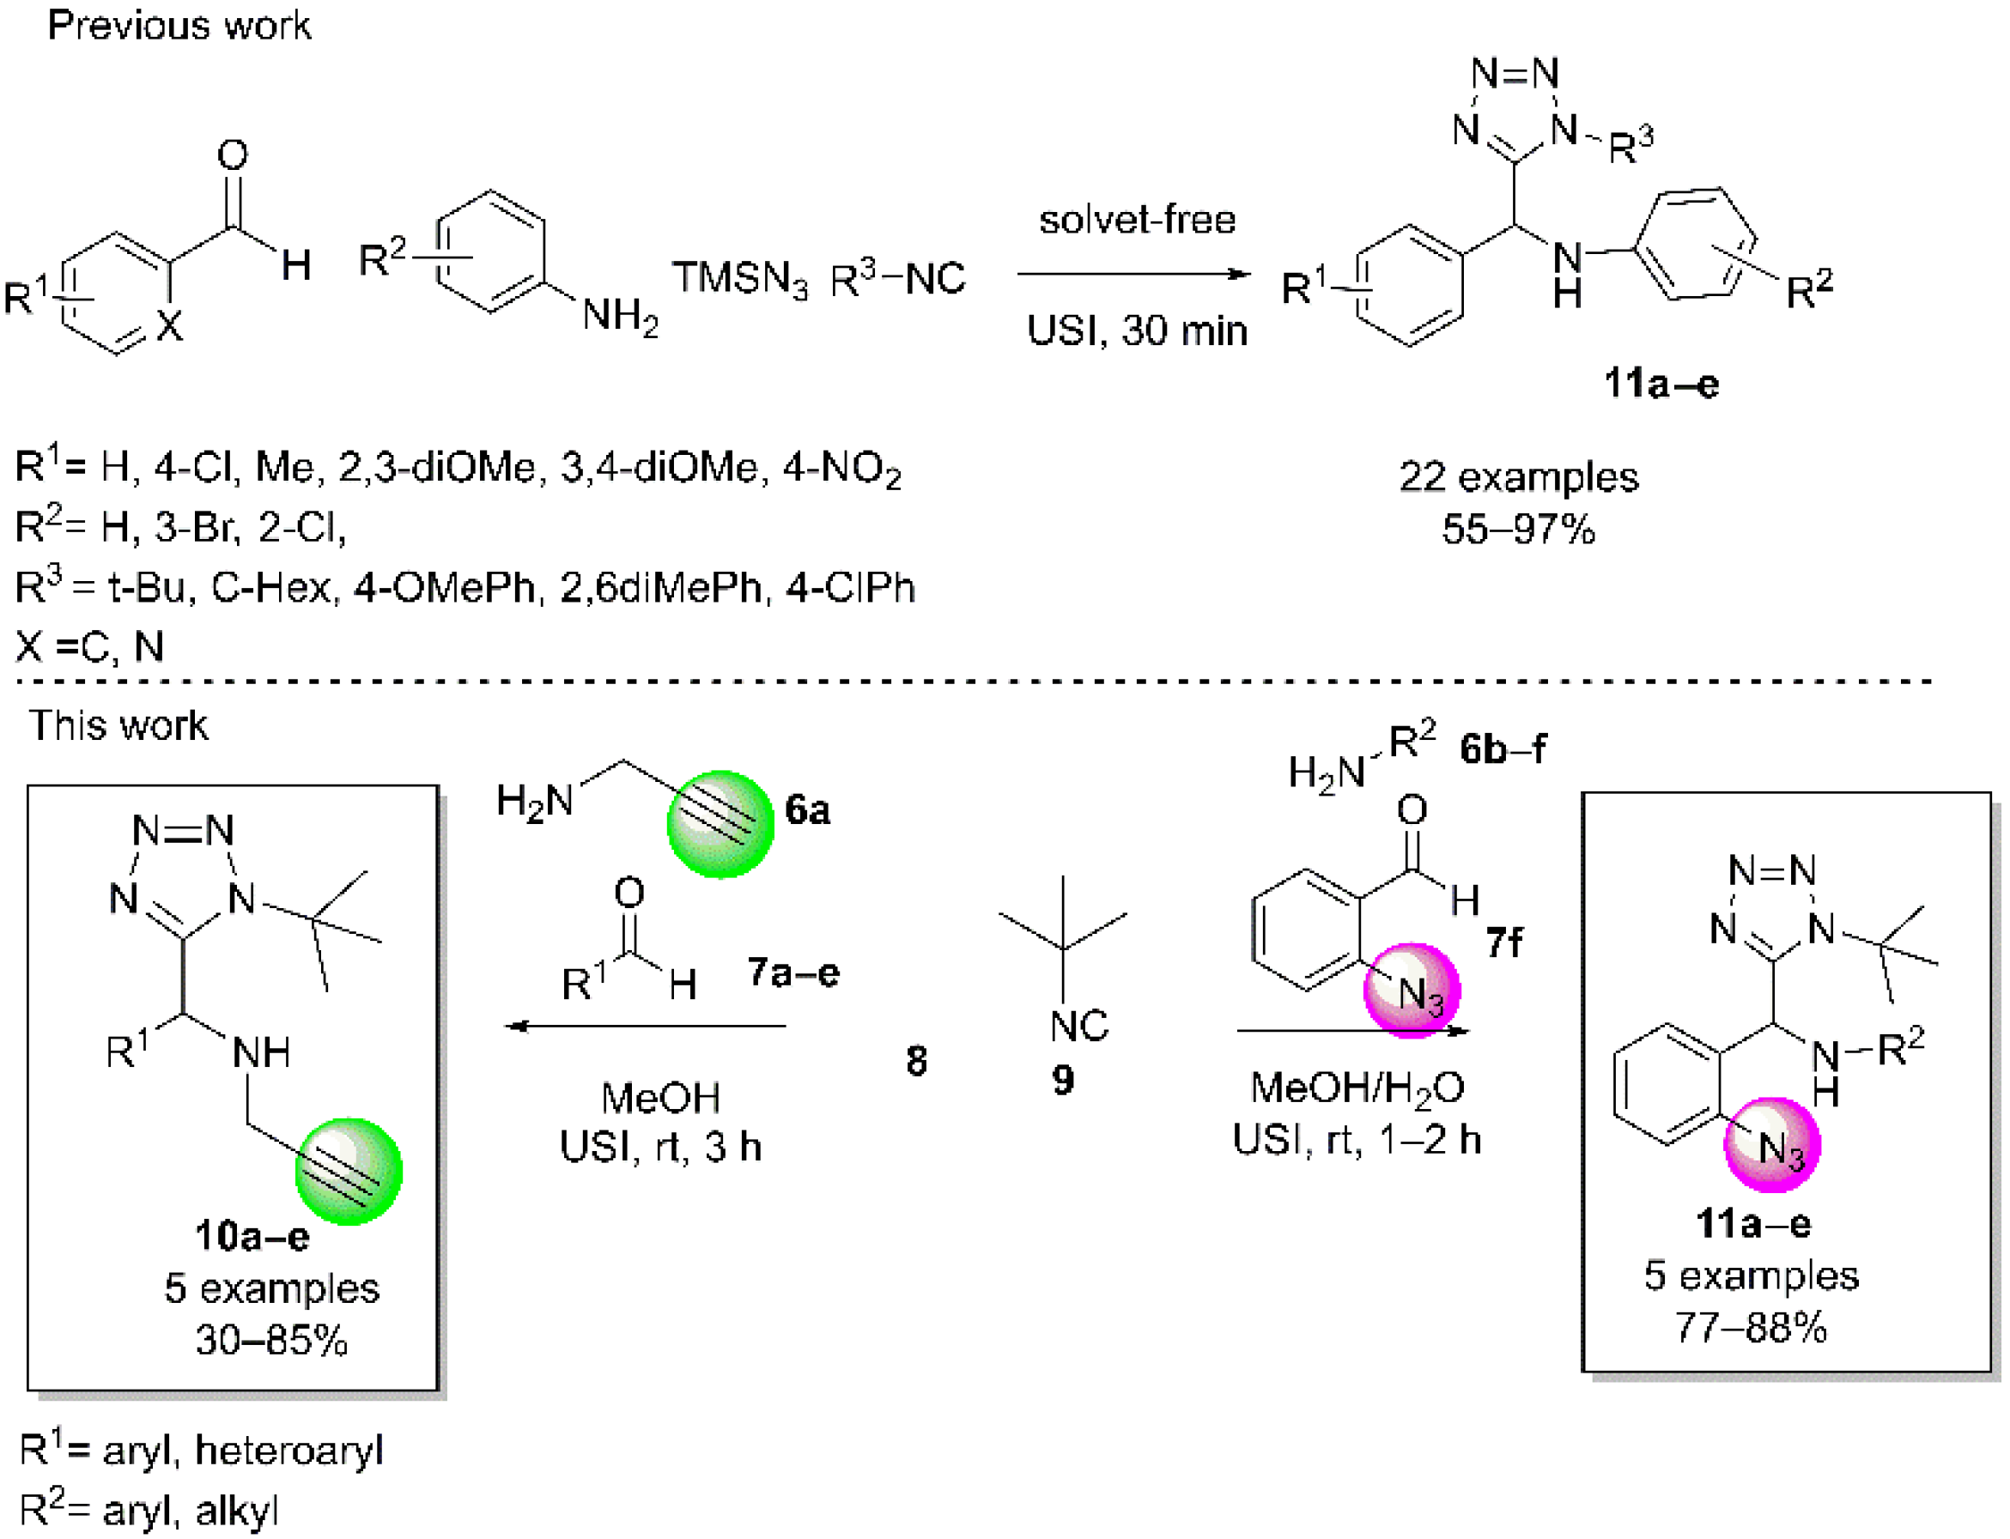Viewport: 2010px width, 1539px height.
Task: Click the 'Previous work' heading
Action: point(179,26)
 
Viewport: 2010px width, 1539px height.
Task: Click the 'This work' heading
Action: point(118,725)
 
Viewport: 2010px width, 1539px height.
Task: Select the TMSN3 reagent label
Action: point(740,277)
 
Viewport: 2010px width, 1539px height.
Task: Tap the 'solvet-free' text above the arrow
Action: point(1137,220)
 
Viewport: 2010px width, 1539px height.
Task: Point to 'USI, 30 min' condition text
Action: point(1137,330)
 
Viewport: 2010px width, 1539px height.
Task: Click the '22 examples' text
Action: point(1518,477)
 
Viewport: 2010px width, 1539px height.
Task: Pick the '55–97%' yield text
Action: point(1518,530)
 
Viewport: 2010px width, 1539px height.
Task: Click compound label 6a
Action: point(807,809)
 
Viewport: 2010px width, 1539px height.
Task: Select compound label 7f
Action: point(1503,942)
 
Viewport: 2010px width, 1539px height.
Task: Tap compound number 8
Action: point(916,1061)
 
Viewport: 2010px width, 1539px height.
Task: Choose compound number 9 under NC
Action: point(1063,1081)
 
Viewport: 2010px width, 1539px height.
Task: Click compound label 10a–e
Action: point(252,1237)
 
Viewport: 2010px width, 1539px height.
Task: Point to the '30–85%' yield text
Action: point(271,1341)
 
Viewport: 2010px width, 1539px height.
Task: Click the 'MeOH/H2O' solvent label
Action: point(1357,1088)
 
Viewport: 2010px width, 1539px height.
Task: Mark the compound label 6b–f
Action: point(1503,749)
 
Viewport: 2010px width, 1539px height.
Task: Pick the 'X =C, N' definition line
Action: point(90,646)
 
